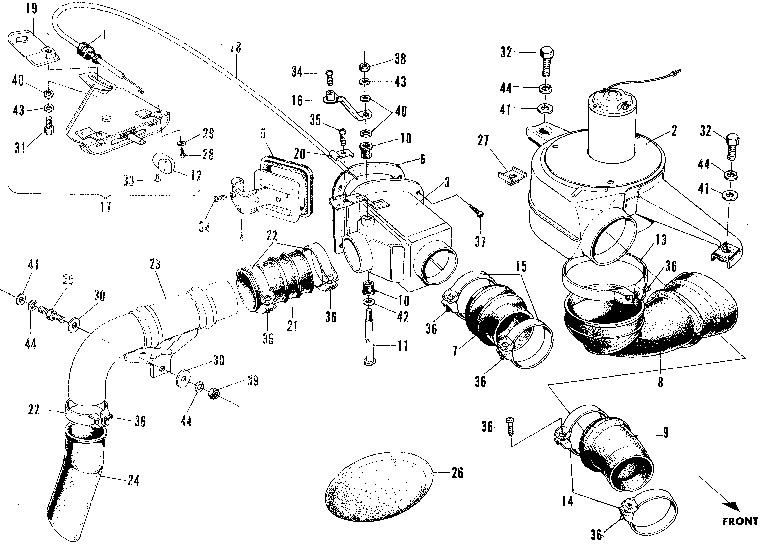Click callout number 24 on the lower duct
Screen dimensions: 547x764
coord(133,480)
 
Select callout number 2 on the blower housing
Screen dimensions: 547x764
coord(674,131)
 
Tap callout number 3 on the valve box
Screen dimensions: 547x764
coord(447,182)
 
